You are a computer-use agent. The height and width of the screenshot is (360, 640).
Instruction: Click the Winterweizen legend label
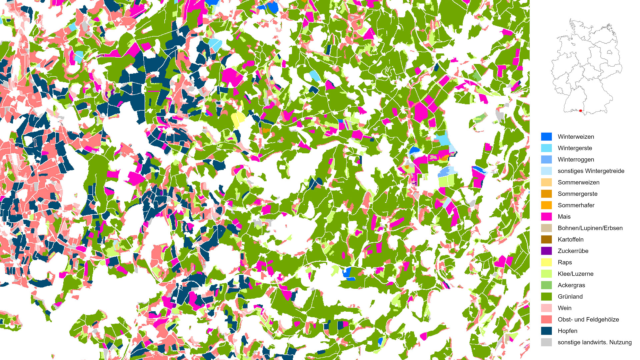click(576, 137)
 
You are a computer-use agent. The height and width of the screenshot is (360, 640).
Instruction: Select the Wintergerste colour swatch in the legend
click(546, 148)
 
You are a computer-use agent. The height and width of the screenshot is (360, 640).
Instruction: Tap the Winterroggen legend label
click(576, 159)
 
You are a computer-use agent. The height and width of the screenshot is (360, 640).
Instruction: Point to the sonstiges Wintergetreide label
click(591, 171)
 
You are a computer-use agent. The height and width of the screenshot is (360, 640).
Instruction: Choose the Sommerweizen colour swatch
click(546, 182)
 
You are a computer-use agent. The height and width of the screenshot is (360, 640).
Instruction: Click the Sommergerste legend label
click(577, 194)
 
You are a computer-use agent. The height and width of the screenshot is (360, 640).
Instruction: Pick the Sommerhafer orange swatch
click(546, 205)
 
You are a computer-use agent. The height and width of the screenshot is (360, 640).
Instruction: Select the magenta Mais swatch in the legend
click(546, 217)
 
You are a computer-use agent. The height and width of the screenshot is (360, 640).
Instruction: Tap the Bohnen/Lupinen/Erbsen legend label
click(590, 228)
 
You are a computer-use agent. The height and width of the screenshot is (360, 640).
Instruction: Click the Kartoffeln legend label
click(570, 239)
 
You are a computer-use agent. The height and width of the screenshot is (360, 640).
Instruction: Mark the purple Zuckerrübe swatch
click(546, 251)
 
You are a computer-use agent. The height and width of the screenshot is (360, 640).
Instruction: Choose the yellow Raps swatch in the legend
click(546, 262)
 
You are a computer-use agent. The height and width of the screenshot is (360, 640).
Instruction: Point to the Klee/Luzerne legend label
click(575, 274)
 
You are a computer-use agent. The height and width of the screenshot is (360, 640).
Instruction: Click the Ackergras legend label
click(571, 285)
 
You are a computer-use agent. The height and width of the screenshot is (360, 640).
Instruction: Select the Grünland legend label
click(570, 296)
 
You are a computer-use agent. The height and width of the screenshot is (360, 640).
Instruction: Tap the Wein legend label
click(564, 308)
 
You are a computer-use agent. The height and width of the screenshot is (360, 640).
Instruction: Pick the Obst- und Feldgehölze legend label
click(588, 319)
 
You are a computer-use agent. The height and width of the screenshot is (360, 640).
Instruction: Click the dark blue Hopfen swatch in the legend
click(546, 331)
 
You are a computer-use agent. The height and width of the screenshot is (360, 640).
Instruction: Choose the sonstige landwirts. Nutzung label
click(594, 342)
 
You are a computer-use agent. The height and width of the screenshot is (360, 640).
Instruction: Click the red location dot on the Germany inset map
click(581, 111)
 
